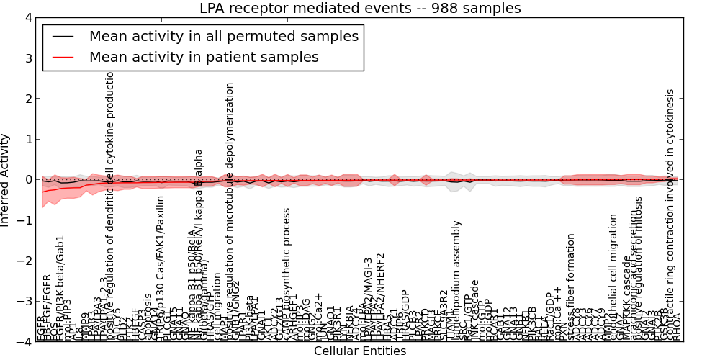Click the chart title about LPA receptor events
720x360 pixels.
pos(360,9)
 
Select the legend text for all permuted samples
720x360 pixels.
pos(223,36)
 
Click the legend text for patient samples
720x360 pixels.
pos(204,57)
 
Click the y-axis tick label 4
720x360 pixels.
pos(27,17)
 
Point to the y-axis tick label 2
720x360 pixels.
pos(27,99)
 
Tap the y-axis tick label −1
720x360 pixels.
pos(24,220)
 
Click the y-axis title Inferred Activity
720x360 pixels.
pos(6,179)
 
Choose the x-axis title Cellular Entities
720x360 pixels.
pos(360,351)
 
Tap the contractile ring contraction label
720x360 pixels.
pos(670,202)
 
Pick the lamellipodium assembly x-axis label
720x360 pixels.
pos(456,281)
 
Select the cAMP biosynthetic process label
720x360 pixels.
pos(287,274)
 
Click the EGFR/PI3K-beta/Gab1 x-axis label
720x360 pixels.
pos(60,288)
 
